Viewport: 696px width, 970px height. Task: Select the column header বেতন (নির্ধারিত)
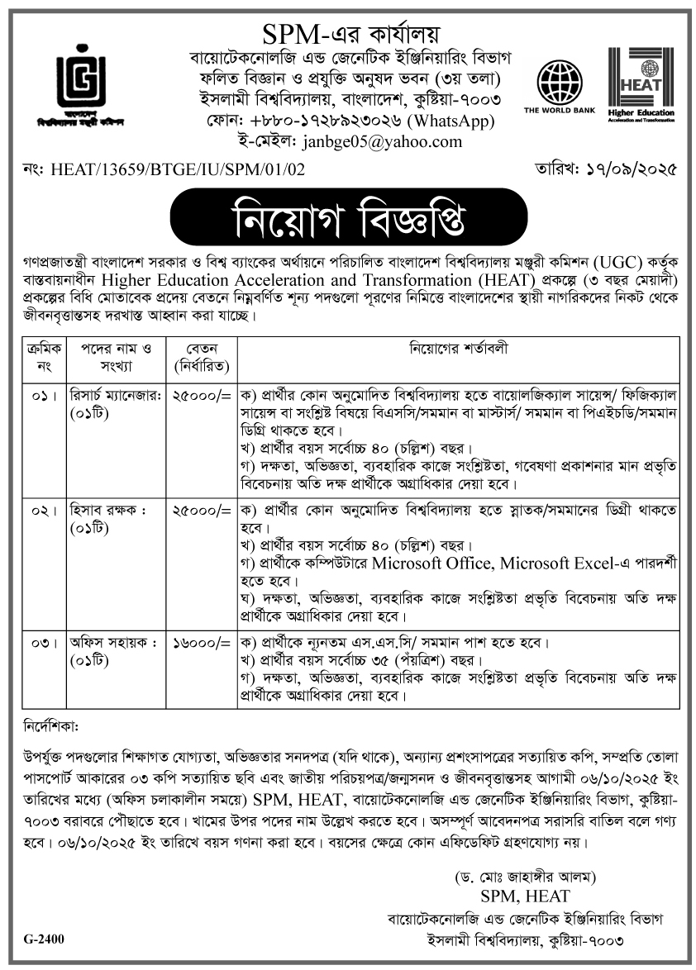tap(200, 357)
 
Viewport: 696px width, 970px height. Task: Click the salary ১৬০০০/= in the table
tap(200, 641)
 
